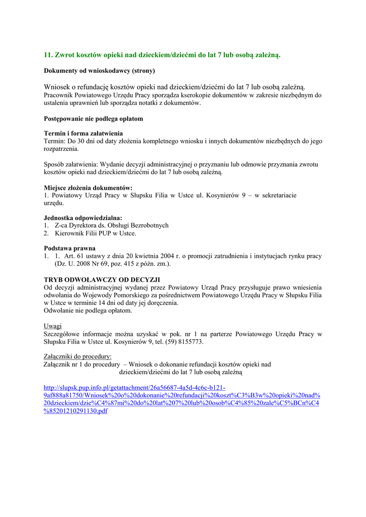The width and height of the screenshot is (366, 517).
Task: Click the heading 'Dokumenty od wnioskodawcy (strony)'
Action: point(99,71)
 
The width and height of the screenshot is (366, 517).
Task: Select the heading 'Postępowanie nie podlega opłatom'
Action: point(94,119)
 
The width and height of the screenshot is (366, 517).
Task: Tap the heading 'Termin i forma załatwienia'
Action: point(83,133)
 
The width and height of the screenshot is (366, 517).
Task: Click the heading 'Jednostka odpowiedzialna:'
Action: point(83,218)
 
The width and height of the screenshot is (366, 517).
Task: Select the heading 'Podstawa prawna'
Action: point(70,248)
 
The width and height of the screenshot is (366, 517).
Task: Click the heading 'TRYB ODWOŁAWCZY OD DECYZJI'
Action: point(102,280)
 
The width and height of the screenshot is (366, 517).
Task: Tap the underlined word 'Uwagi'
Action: point(53,326)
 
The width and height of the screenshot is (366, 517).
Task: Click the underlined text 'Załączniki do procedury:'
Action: point(77,356)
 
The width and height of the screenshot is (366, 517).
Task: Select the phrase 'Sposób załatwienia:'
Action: point(71,165)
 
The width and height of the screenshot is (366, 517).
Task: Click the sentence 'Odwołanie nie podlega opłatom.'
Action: point(88,311)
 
